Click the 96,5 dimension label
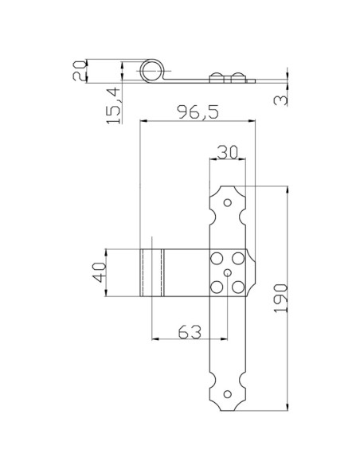[x=197, y=112]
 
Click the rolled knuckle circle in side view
[x=151, y=72]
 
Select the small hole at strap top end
[x=228, y=203]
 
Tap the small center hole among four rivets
[x=228, y=273]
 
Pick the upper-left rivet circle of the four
[x=216, y=259]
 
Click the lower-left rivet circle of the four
[x=216, y=287]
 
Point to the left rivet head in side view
[x=216, y=76]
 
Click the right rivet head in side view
[x=236, y=76]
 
